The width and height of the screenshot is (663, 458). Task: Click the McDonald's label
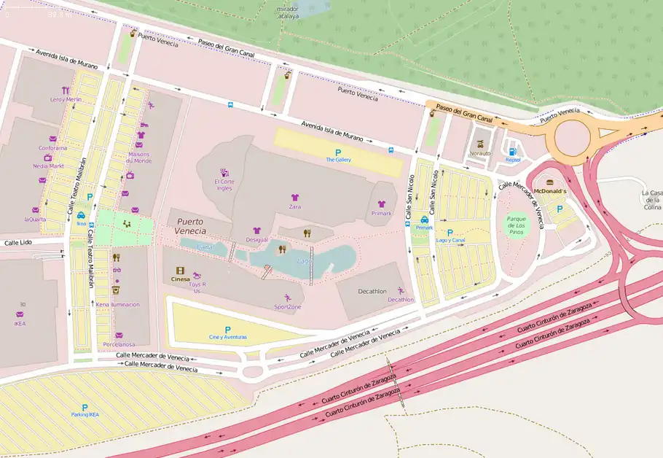[x=550, y=190]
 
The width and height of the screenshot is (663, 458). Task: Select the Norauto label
[x=480, y=153]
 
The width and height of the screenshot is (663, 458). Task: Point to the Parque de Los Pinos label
[x=516, y=225]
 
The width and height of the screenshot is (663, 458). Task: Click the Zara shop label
[x=295, y=207]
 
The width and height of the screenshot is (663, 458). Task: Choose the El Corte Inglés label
[x=224, y=185]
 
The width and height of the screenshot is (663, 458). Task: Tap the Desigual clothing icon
[x=256, y=230]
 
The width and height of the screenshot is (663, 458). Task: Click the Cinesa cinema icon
[x=180, y=270]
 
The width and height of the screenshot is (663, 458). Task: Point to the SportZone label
[x=288, y=307]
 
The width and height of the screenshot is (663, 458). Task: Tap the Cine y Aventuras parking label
[x=228, y=337]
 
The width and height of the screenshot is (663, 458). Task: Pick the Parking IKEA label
[x=85, y=414]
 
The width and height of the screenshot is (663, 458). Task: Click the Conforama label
[x=52, y=148]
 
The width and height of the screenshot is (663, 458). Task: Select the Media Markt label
[x=49, y=166]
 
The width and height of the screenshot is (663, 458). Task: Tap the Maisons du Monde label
[x=138, y=157]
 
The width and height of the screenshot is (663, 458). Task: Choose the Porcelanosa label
[x=118, y=344]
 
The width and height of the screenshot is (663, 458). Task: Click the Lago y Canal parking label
[x=450, y=240]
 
